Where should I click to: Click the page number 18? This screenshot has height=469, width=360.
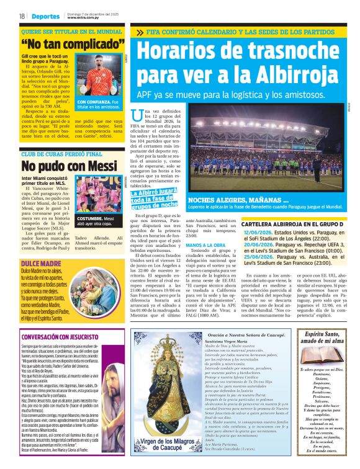point(21,16)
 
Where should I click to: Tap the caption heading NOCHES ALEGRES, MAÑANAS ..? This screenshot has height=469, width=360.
point(238,200)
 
